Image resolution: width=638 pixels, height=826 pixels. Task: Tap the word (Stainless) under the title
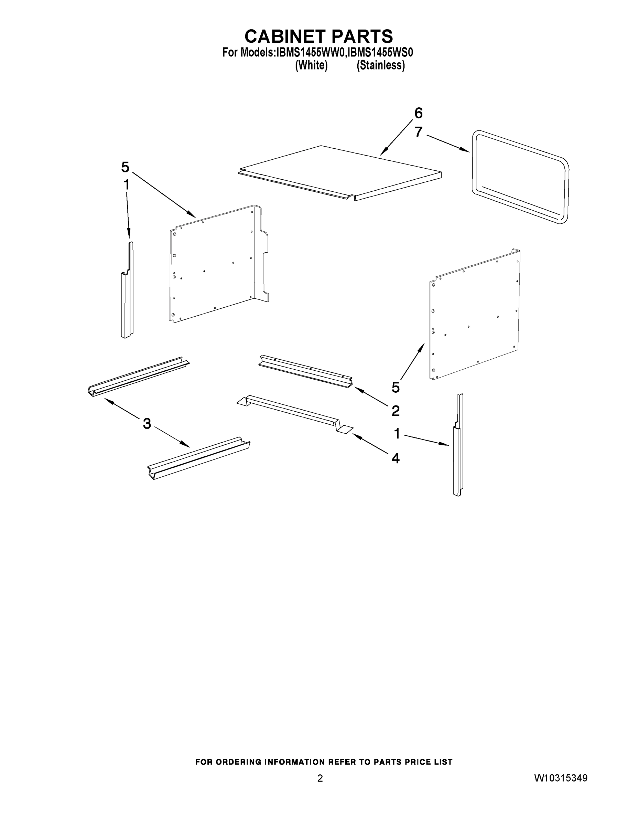pyautogui.click(x=381, y=65)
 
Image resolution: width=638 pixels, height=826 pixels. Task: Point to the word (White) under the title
pyautogui.click(x=311, y=65)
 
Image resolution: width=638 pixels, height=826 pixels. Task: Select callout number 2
pyautogui.click(x=395, y=410)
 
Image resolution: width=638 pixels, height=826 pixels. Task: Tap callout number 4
pyautogui.click(x=395, y=458)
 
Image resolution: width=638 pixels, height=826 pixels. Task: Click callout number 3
pyautogui.click(x=147, y=423)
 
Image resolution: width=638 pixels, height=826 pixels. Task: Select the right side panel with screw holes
pyautogui.click(x=474, y=314)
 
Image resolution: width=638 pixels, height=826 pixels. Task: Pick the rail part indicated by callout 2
pyautogui.click(x=305, y=371)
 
